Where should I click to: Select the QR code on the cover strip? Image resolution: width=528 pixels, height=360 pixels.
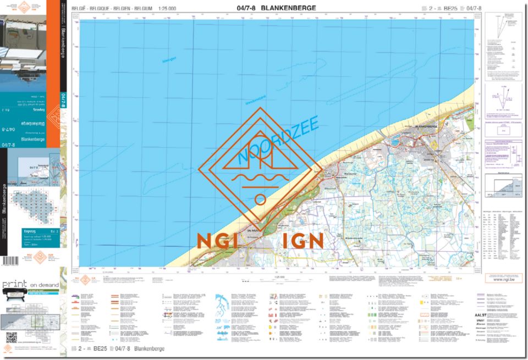pyautogui.click(x=12, y=337)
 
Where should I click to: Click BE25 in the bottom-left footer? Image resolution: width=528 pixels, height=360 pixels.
pyautogui.click(x=100, y=348)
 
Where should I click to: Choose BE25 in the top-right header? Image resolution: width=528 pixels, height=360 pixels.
pyautogui.click(x=450, y=8)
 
